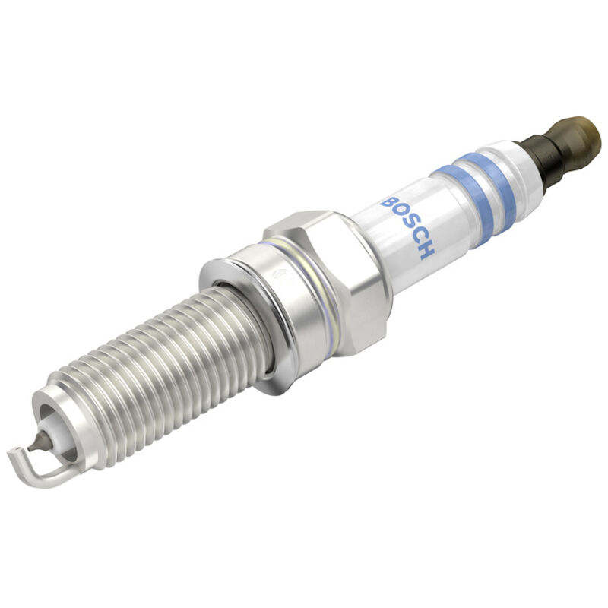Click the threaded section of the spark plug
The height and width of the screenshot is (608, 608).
point(152,372)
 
